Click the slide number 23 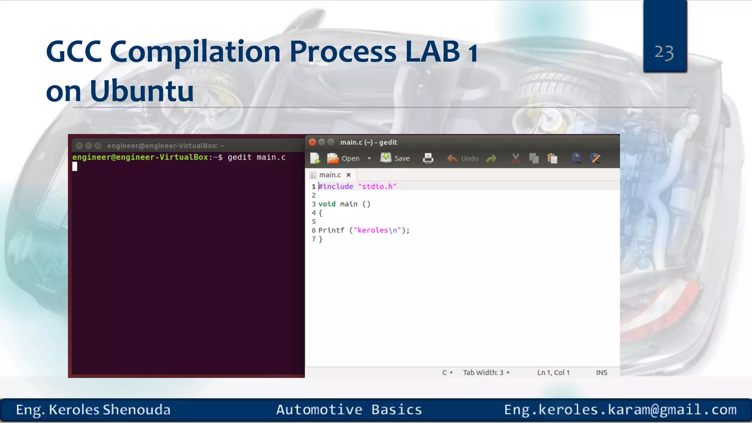(x=664, y=53)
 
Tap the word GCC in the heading (x=73, y=51)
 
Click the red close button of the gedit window (x=312, y=142)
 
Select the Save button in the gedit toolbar (x=395, y=158)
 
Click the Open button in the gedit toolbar (x=344, y=158)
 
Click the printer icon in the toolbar (x=428, y=158)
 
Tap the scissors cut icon (x=516, y=158)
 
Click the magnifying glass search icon (x=576, y=158)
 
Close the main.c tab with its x (x=348, y=175)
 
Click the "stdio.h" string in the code (x=377, y=187)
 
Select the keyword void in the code (x=327, y=204)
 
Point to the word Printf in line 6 (x=331, y=230)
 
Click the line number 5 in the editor (x=314, y=222)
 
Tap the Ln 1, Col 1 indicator (x=553, y=373)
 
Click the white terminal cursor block (x=75, y=167)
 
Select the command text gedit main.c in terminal (x=256, y=157)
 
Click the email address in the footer (x=620, y=409)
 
